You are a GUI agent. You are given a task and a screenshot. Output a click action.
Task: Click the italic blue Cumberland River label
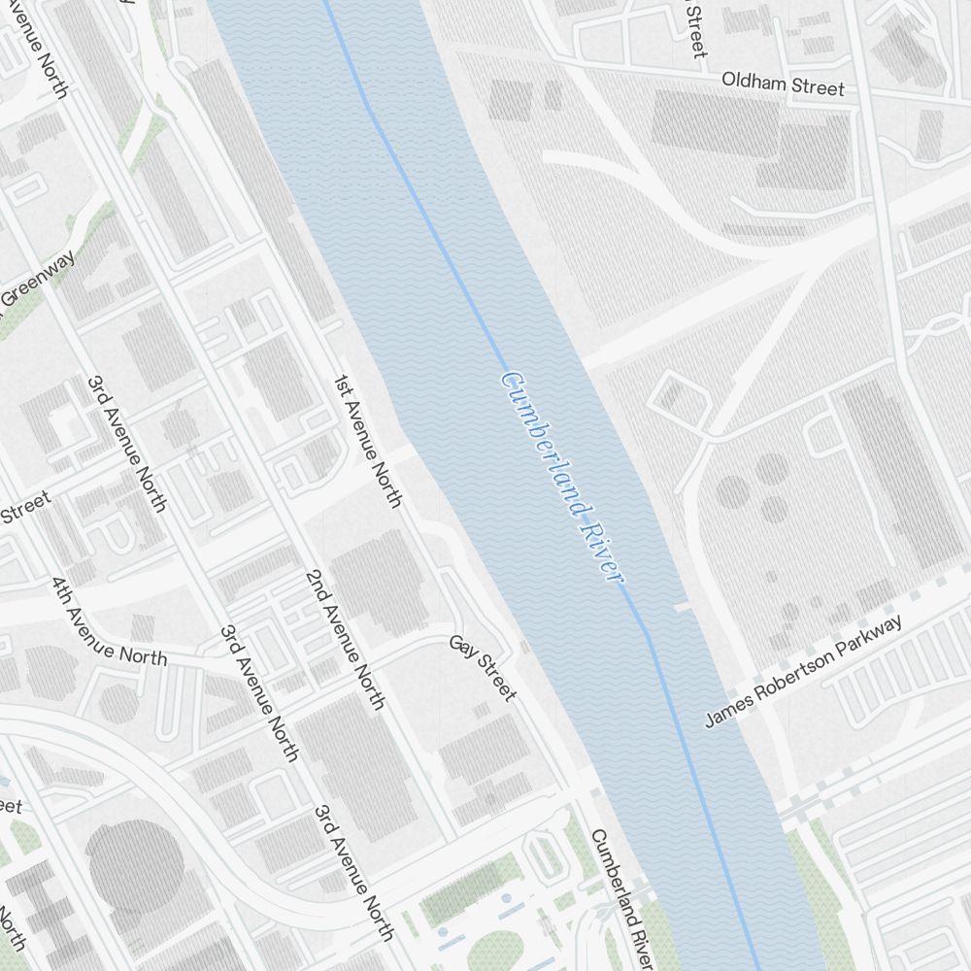[x=560, y=477]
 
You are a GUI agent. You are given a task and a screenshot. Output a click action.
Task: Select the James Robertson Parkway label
[x=805, y=671]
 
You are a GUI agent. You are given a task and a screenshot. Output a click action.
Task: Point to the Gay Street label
[x=483, y=668]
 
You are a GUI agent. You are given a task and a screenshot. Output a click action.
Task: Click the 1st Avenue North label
[x=368, y=441]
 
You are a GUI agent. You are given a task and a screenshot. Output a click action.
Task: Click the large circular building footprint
[x=135, y=864]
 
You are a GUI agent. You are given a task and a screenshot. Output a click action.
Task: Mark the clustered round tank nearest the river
[x=733, y=491]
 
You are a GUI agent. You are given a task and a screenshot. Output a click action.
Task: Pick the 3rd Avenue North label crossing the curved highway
[x=257, y=692]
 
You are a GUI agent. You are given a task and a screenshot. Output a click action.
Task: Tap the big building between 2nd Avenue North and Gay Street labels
[x=379, y=583]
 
